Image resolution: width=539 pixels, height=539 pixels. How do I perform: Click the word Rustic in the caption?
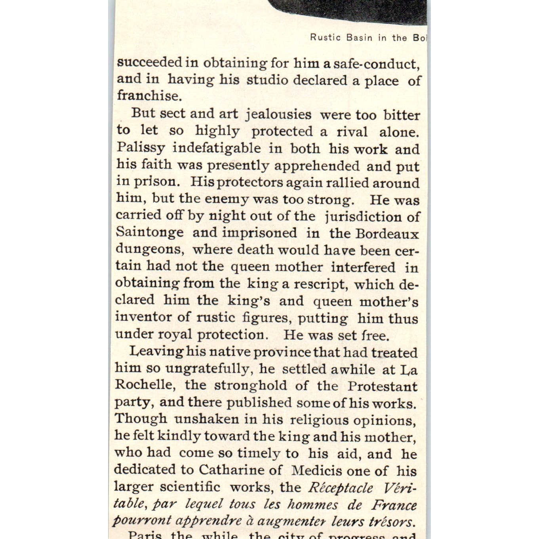[325, 38]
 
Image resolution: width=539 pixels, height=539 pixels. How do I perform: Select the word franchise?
[149, 95]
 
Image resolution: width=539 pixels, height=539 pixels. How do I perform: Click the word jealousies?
[278, 114]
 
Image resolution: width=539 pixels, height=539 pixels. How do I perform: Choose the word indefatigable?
[217, 149]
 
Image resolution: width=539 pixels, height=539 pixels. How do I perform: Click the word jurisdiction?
[363, 217]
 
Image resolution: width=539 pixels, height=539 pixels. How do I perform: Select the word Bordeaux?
[387, 234]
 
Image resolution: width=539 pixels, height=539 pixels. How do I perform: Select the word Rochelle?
[144, 385]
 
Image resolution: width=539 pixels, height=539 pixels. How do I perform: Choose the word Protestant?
[382, 386]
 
